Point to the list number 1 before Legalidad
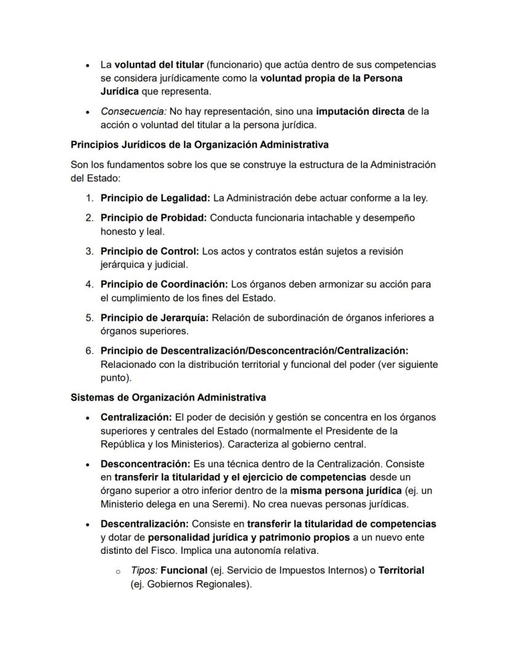[x=89, y=198]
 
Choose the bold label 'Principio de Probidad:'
[x=154, y=218]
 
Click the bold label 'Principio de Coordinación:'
[x=164, y=284]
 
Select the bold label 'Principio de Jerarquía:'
[x=154, y=318]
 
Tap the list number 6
[x=89, y=351]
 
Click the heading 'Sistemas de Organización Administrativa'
[x=168, y=397]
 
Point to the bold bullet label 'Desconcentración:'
[x=145, y=464]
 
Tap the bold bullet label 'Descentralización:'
[x=145, y=524]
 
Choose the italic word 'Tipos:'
[x=144, y=570]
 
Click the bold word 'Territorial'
[x=401, y=570]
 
